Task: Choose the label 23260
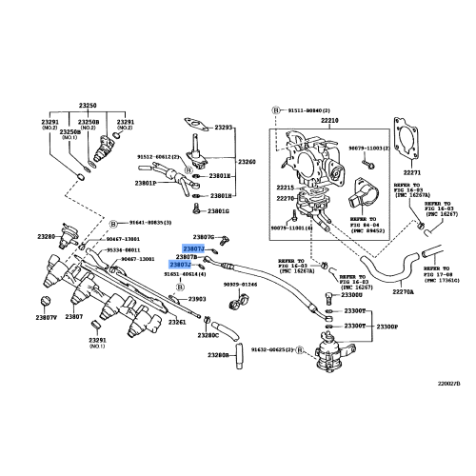tap(247, 163)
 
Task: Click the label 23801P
tap(146, 183)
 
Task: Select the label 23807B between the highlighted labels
tap(187, 257)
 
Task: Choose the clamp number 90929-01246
tap(240, 285)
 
